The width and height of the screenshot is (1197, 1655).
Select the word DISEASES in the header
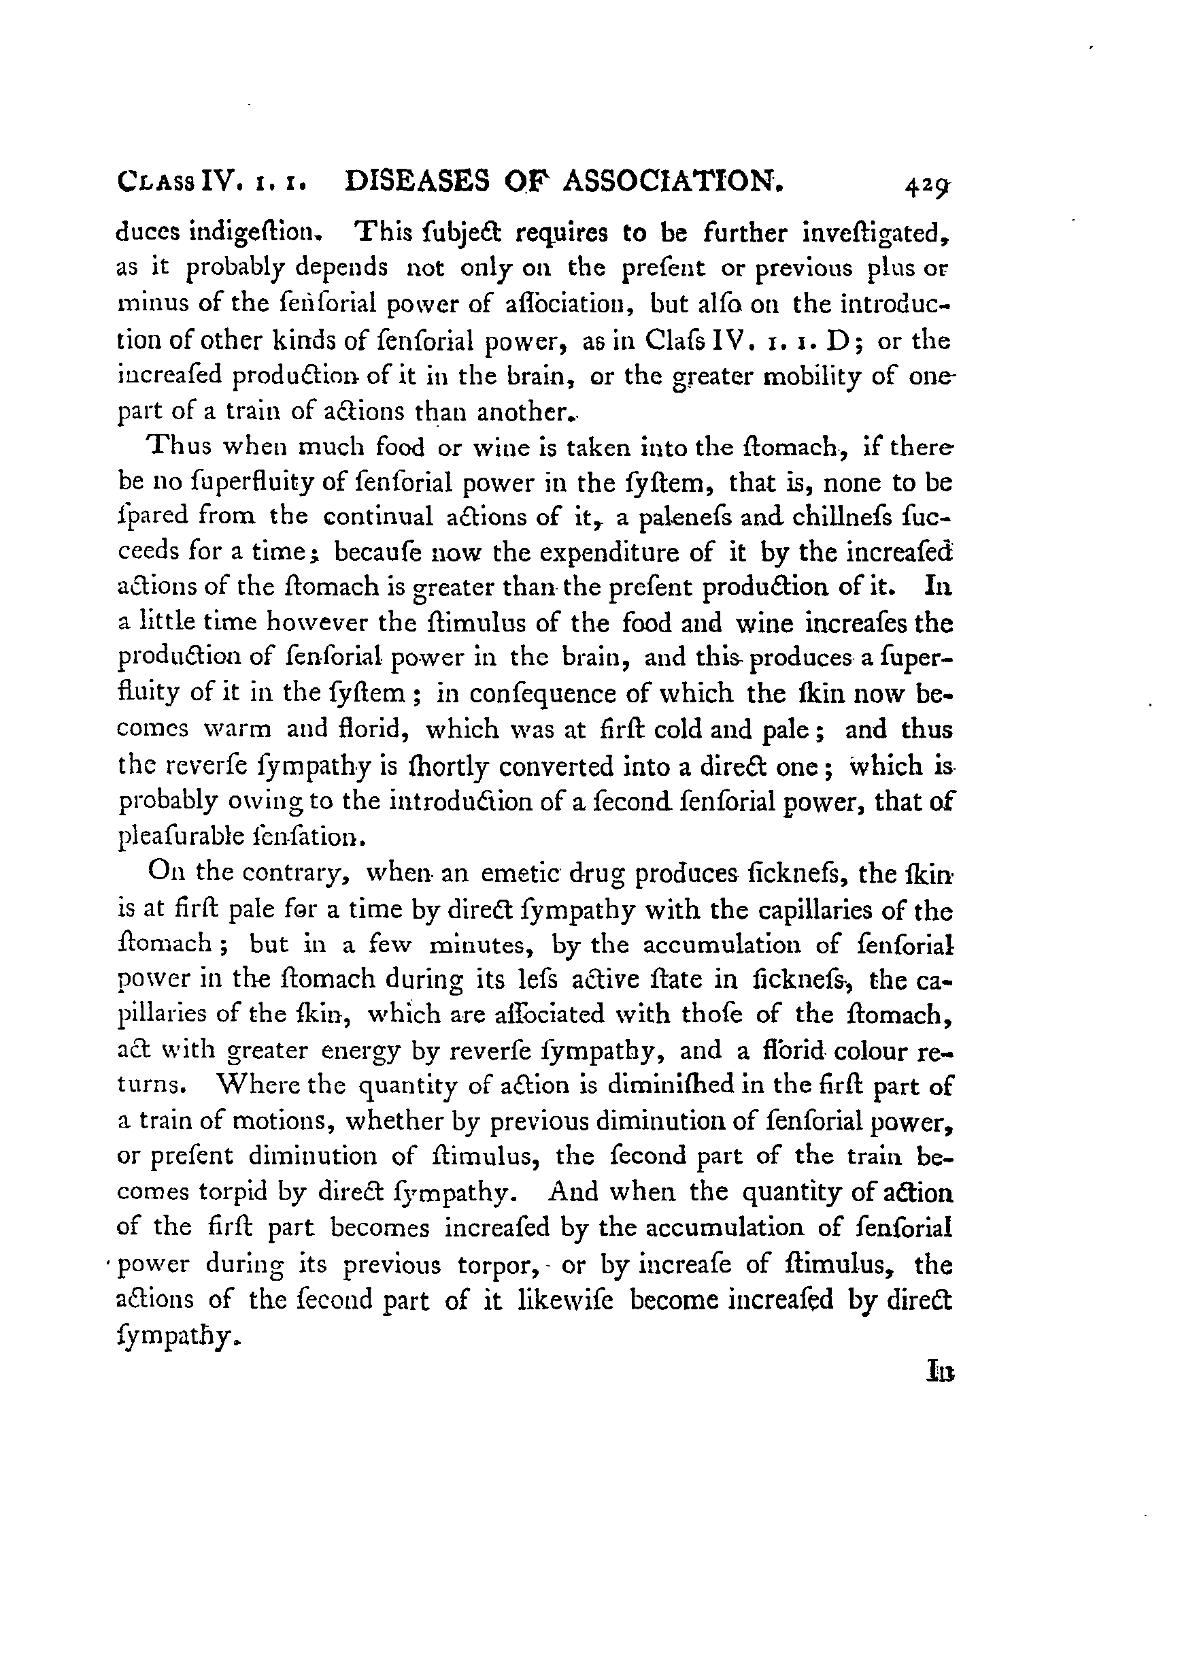[416, 181]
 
